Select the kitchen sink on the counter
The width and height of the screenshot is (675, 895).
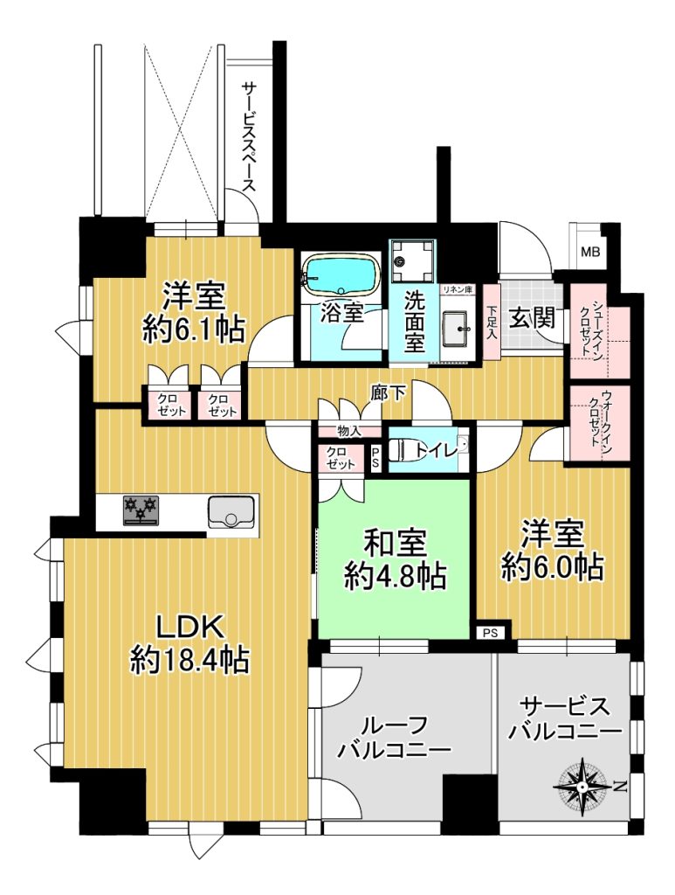231,510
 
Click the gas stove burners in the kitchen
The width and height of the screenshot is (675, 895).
141,510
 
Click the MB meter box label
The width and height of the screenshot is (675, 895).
590,251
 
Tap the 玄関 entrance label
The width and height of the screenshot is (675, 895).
532,318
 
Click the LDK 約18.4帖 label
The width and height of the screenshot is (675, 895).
189,645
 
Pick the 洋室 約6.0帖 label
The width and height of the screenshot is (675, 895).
552,551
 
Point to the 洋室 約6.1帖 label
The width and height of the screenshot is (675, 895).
194,312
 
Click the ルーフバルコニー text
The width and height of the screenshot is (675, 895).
394,737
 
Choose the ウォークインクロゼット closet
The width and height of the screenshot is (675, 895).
600,422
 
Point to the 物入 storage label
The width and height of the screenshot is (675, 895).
349,431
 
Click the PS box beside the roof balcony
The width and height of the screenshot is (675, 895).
491,633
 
